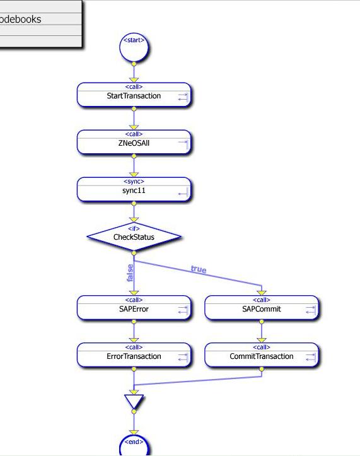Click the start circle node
click(x=134, y=47)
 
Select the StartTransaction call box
click(x=134, y=95)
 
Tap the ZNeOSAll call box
click(x=134, y=142)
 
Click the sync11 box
click(x=134, y=190)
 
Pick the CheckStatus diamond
click(x=134, y=237)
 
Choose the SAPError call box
click(x=134, y=308)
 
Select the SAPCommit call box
click(x=262, y=308)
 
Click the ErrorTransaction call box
click(x=134, y=355)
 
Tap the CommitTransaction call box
click(x=262, y=355)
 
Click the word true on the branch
click(x=199, y=269)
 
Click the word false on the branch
click(x=131, y=273)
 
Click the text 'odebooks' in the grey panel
click(x=20, y=19)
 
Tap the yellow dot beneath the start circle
click(x=134, y=64)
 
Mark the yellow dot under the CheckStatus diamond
click(x=134, y=253)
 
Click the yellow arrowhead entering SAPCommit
click(x=262, y=293)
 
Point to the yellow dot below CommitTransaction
click(x=262, y=370)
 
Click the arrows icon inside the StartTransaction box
click(x=183, y=97)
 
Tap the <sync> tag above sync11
click(x=134, y=181)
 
